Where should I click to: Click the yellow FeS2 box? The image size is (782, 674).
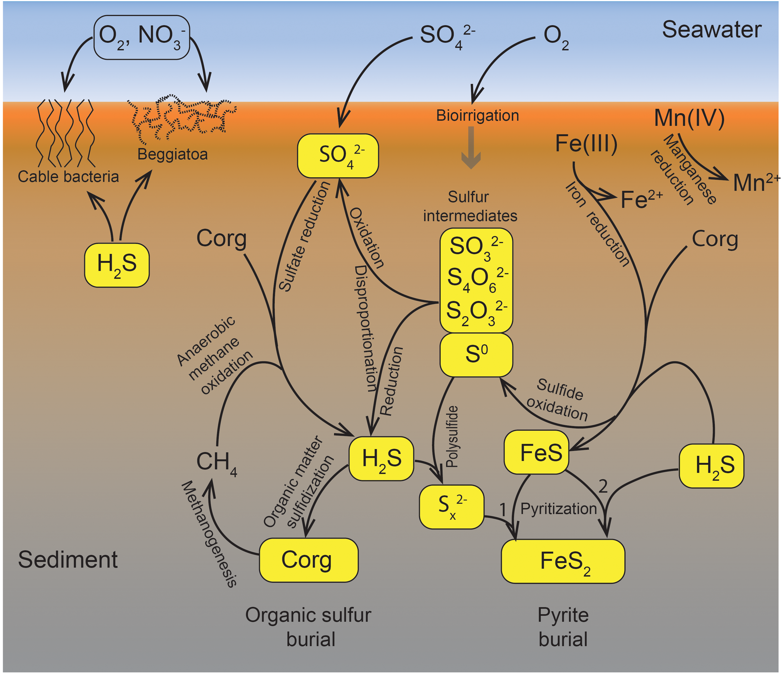point(563,561)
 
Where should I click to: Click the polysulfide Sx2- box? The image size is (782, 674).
point(451,507)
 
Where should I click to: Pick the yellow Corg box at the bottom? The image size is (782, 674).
point(308,560)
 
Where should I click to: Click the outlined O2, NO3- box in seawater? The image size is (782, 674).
point(141,37)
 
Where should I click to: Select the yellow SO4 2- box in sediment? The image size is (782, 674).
point(338,155)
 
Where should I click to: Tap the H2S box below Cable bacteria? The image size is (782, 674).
point(117,265)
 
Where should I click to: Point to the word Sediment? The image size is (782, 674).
point(68,559)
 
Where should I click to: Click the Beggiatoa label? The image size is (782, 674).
point(172,155)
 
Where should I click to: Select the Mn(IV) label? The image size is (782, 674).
point(689,118)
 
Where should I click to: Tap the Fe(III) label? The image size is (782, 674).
point(586,144)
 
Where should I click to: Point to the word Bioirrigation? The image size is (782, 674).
point(477,115)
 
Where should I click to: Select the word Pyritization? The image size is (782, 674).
point(558,509)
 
